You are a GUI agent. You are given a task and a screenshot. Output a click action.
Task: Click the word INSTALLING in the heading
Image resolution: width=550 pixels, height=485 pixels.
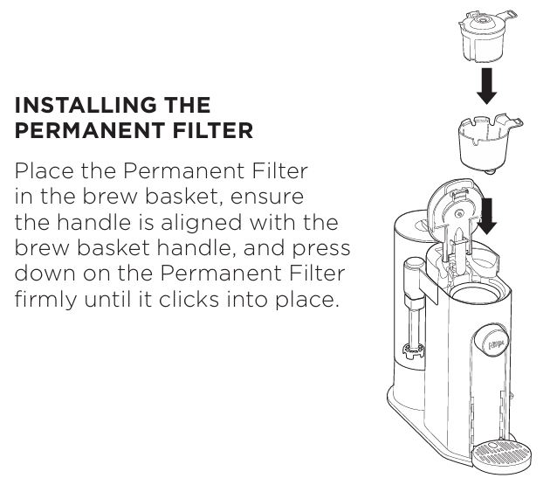[x=86, y=105]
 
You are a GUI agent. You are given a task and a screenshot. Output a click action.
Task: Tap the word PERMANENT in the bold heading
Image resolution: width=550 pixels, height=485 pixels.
[x=90, y=130]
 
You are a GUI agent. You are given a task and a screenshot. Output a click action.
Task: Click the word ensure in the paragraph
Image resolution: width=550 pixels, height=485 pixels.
[x=267, y=197]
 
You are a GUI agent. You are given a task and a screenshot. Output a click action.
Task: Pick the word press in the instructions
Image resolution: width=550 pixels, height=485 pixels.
[x=321, y=249]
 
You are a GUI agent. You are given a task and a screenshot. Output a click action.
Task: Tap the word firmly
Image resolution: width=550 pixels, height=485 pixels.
[x=45, y=301]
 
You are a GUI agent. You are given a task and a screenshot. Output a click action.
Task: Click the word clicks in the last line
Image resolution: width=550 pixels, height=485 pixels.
[x=189, y=299]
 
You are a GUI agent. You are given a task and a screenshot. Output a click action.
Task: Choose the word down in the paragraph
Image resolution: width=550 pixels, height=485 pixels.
[x=45, y=274]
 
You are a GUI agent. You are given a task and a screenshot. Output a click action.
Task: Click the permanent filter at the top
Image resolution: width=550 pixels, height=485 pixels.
[x=487, y=37]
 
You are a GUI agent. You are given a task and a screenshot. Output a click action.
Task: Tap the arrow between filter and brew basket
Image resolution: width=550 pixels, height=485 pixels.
[x=487, y=86]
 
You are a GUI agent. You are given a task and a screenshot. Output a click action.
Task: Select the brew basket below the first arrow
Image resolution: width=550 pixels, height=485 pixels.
[x=489, y=143]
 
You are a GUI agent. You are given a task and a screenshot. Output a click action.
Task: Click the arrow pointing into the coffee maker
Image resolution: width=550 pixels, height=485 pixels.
[x=486, y=216]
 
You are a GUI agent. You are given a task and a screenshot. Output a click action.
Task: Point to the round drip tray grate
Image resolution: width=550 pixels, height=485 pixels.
[x=501, y=454]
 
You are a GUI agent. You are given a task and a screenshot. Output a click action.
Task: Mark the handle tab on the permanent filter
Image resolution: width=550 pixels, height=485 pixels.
[x=507, y=15]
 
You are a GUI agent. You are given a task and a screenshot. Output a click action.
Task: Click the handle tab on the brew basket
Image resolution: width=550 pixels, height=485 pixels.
[x=512, y=121]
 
